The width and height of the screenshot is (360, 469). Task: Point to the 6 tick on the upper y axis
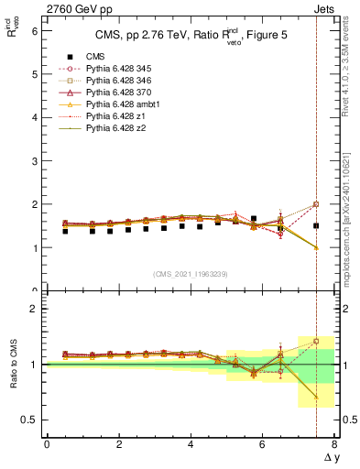(x=36, y=30)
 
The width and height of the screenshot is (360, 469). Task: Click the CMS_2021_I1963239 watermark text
(x=189, y=274)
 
